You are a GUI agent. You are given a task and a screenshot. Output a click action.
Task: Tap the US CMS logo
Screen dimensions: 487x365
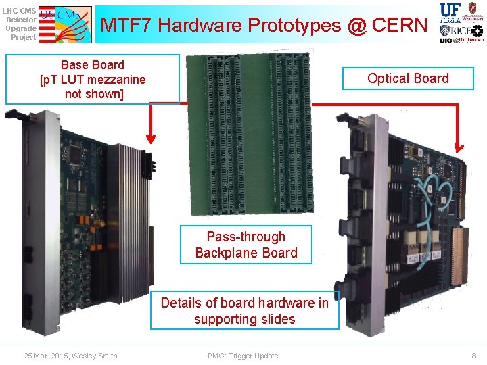coord(65,24)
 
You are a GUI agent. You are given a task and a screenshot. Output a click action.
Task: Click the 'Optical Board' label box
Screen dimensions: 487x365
coord(408,78)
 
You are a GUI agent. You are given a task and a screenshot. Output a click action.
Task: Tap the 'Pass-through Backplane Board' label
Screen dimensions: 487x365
coord(246,245)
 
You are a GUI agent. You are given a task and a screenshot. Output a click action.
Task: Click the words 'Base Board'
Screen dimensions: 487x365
coord(93,65)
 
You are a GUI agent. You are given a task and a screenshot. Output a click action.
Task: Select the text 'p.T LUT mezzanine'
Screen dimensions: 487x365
coord(93,80)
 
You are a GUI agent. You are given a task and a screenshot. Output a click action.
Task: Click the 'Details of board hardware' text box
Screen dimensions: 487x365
coord(244,311)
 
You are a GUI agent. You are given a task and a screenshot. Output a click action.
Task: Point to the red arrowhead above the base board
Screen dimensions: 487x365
coord(150,137)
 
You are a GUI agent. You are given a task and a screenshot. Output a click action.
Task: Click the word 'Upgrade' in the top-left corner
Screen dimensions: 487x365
coord(20,28)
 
